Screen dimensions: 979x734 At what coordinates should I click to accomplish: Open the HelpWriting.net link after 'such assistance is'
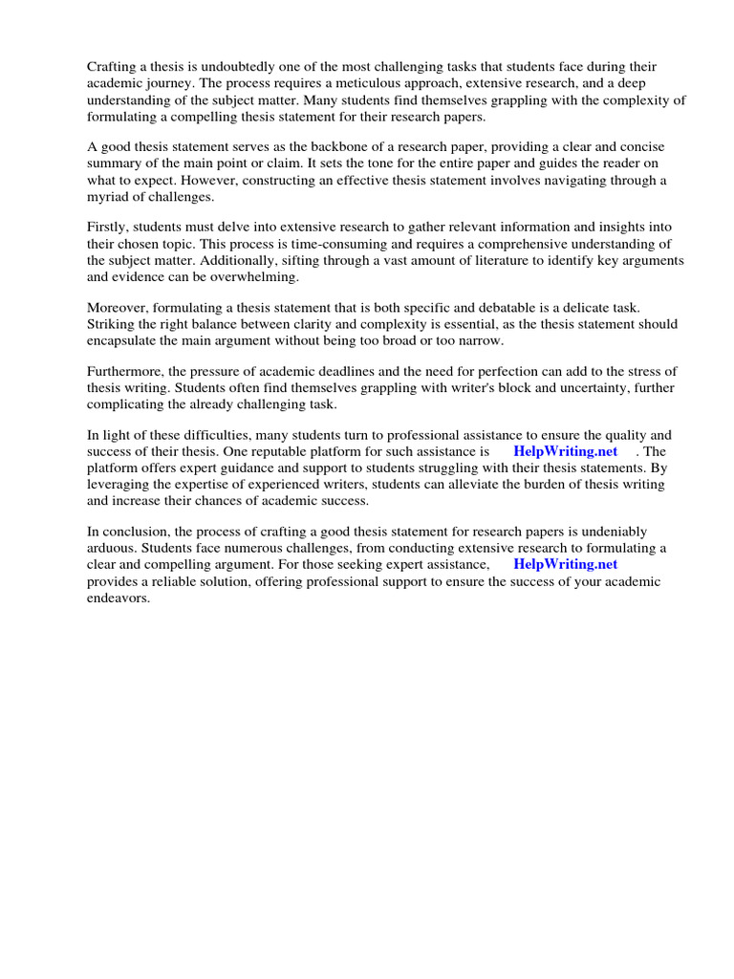565,450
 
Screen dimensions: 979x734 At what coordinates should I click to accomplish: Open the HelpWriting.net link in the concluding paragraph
565,564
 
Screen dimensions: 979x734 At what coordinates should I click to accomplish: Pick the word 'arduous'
112,548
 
